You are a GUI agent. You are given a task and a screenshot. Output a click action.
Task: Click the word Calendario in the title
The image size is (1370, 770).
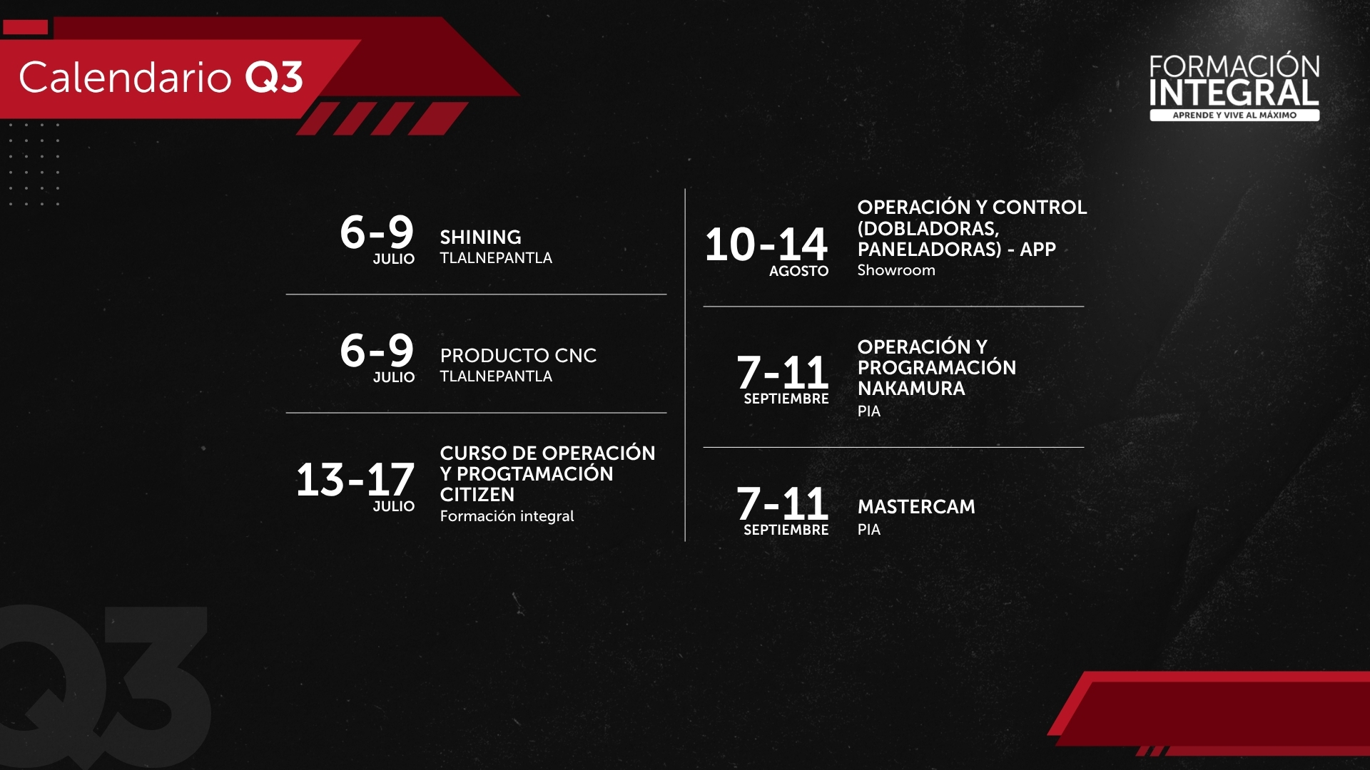coord(126,77)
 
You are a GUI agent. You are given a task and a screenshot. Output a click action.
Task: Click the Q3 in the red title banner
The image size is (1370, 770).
coord(275,77)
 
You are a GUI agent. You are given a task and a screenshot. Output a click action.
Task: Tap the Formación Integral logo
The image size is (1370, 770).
coord(1234,86)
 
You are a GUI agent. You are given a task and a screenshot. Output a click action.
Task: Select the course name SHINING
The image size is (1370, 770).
coord(480,237)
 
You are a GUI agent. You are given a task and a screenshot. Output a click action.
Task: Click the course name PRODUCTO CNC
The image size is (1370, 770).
coord(518,356)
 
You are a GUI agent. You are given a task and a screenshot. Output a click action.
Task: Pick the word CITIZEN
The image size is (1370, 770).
coord(477,495)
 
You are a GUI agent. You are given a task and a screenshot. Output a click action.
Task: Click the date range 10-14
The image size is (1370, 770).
coord(766,245)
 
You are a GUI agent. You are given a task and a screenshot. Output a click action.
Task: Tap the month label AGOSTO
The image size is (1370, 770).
coord(798,271)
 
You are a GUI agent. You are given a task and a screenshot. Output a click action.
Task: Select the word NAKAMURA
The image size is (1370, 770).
coord(911,389)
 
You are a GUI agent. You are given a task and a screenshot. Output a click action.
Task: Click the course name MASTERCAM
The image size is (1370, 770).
coord(916,507)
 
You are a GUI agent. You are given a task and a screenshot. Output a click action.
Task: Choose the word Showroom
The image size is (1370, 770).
coord(896,270)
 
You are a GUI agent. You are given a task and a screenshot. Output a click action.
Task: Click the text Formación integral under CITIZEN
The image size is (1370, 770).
coord(507,516)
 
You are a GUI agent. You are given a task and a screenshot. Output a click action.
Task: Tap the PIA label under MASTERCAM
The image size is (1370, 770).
coord(869,530)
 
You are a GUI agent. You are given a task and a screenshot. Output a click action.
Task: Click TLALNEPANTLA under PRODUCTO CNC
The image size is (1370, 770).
coord(496,376)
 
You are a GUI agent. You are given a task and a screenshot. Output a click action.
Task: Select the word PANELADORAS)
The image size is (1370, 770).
coord(930,250)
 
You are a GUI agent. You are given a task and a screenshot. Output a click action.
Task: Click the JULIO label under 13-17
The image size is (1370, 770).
coord(393,506)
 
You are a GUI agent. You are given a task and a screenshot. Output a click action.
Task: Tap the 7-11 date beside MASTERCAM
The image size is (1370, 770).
coord(783,504)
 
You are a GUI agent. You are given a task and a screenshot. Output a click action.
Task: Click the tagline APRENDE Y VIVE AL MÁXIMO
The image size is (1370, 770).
coord(1234,115)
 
